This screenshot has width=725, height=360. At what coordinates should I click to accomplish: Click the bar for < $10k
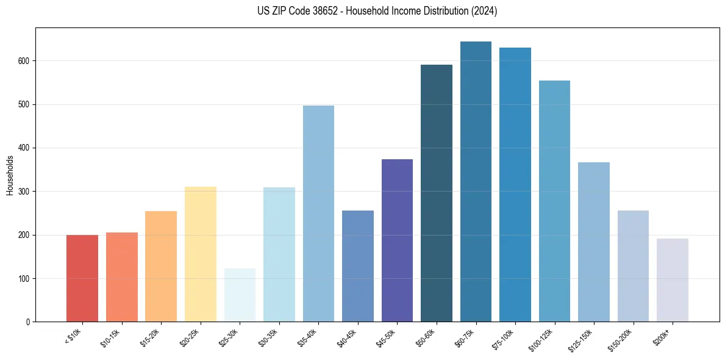tap(82, 278)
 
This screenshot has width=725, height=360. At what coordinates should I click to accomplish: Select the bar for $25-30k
tap(240, 295)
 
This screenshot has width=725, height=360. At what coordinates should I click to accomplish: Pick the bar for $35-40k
tap(318, 214)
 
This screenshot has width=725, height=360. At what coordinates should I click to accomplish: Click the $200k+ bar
tap(672, 280)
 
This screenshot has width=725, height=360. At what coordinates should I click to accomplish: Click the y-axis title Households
tap(10, 175)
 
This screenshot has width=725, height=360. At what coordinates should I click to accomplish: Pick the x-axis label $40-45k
tap(347, 337)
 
